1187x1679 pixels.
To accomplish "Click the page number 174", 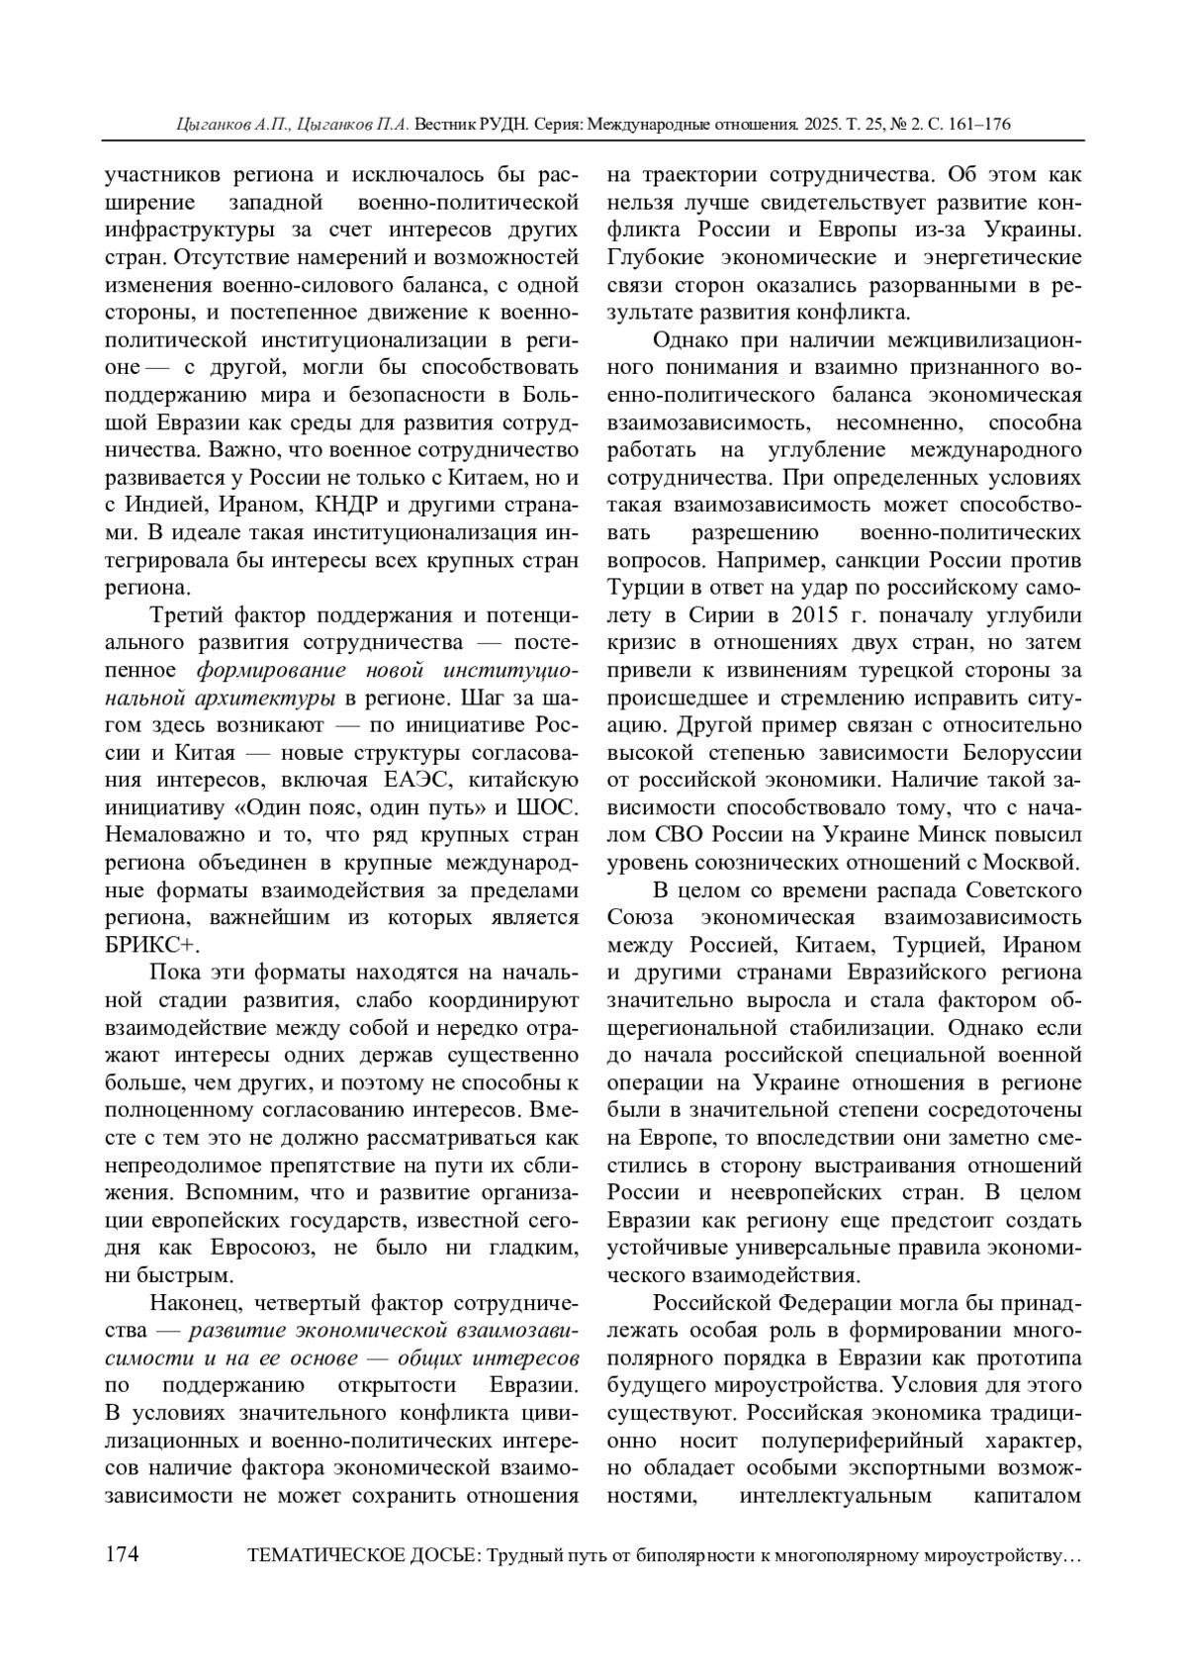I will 123,1554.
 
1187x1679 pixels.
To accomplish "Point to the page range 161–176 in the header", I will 974,125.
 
